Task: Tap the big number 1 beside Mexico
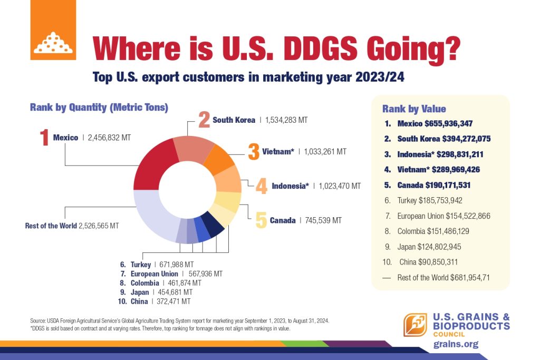(x=44, y=138)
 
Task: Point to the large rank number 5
(x=261, y=220)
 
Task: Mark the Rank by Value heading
(x=414, y=109)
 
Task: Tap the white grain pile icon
(x=53, y=43)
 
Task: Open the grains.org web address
(x=456, y=344)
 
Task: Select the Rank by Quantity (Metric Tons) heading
(x=99, y=108)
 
